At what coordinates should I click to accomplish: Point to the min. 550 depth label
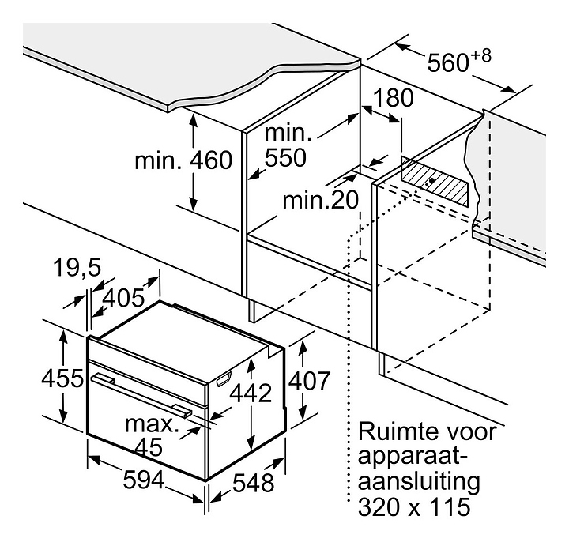click(x=284, y=145)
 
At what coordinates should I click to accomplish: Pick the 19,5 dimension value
click(x=77, y=269)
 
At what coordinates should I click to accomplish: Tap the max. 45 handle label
click(x=151, y=435)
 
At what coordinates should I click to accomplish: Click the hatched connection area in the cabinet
click(x=431, y=183)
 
